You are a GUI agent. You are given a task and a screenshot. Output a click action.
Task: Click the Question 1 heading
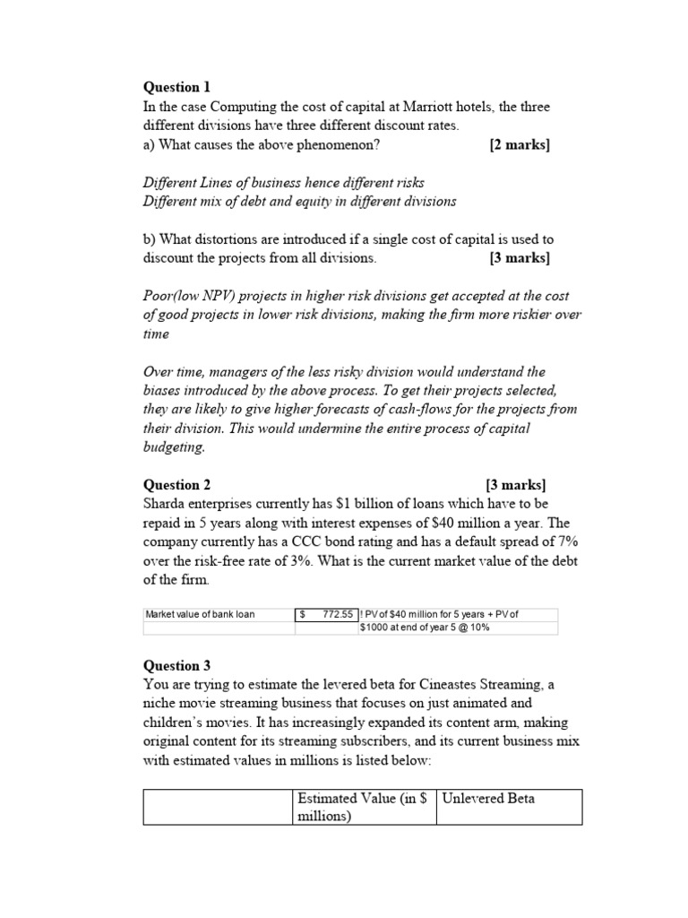point(176,87)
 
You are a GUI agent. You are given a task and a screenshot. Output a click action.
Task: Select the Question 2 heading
point(176,485)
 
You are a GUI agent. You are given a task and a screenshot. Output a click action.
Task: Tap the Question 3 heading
point(176,665)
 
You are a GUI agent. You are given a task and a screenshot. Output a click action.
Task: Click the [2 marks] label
point(520,144)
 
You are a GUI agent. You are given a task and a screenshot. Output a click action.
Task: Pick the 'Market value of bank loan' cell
point(200,614)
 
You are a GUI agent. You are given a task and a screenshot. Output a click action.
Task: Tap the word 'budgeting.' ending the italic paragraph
point(174,446)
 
